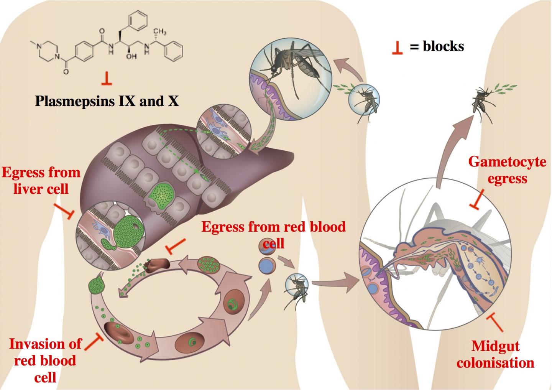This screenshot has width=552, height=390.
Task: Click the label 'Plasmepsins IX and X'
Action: [x=107, y=101]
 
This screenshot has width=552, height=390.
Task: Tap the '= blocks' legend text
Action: [x=437, y=46]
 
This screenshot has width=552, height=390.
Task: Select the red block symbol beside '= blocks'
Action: [x=397, y=48]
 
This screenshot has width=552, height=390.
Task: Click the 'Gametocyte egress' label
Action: [x=507, y=170]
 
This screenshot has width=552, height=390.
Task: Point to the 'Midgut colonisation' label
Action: [x=495, y=354]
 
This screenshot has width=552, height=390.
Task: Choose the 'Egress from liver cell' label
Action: [x=41, y=180]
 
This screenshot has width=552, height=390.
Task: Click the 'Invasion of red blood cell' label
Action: [x=45, y=360]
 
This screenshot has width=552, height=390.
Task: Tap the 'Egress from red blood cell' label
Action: [x=273, y=234]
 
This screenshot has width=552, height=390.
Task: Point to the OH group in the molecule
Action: [x=131, y=56]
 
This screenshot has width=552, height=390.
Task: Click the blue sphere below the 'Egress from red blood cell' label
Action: [x=266, y=265]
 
